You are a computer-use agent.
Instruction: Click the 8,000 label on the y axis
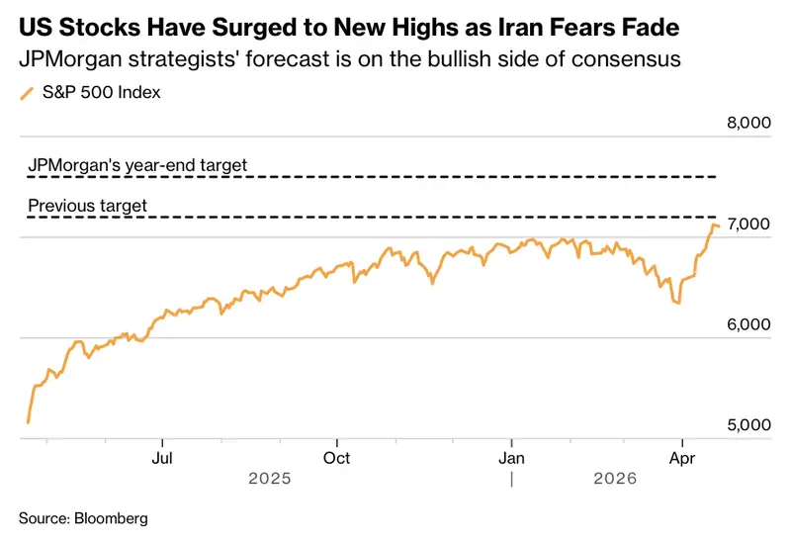748,123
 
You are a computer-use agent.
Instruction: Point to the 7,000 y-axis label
748,224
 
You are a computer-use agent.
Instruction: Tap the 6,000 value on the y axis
748,324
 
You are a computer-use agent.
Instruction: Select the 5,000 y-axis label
748,425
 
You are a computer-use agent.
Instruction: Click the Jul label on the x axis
162,458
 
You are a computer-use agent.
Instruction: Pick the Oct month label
336,458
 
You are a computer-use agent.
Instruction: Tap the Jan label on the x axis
511,458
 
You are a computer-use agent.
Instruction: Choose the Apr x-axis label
682,458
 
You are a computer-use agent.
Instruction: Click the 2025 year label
270,479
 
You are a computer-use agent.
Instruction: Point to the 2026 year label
615,479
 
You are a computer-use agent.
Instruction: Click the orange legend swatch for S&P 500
27,93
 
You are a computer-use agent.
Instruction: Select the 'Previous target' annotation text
87,206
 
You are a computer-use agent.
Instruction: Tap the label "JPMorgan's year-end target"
137,165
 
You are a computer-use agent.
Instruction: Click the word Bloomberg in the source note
111,518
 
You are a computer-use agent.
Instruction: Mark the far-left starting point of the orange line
28,423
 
